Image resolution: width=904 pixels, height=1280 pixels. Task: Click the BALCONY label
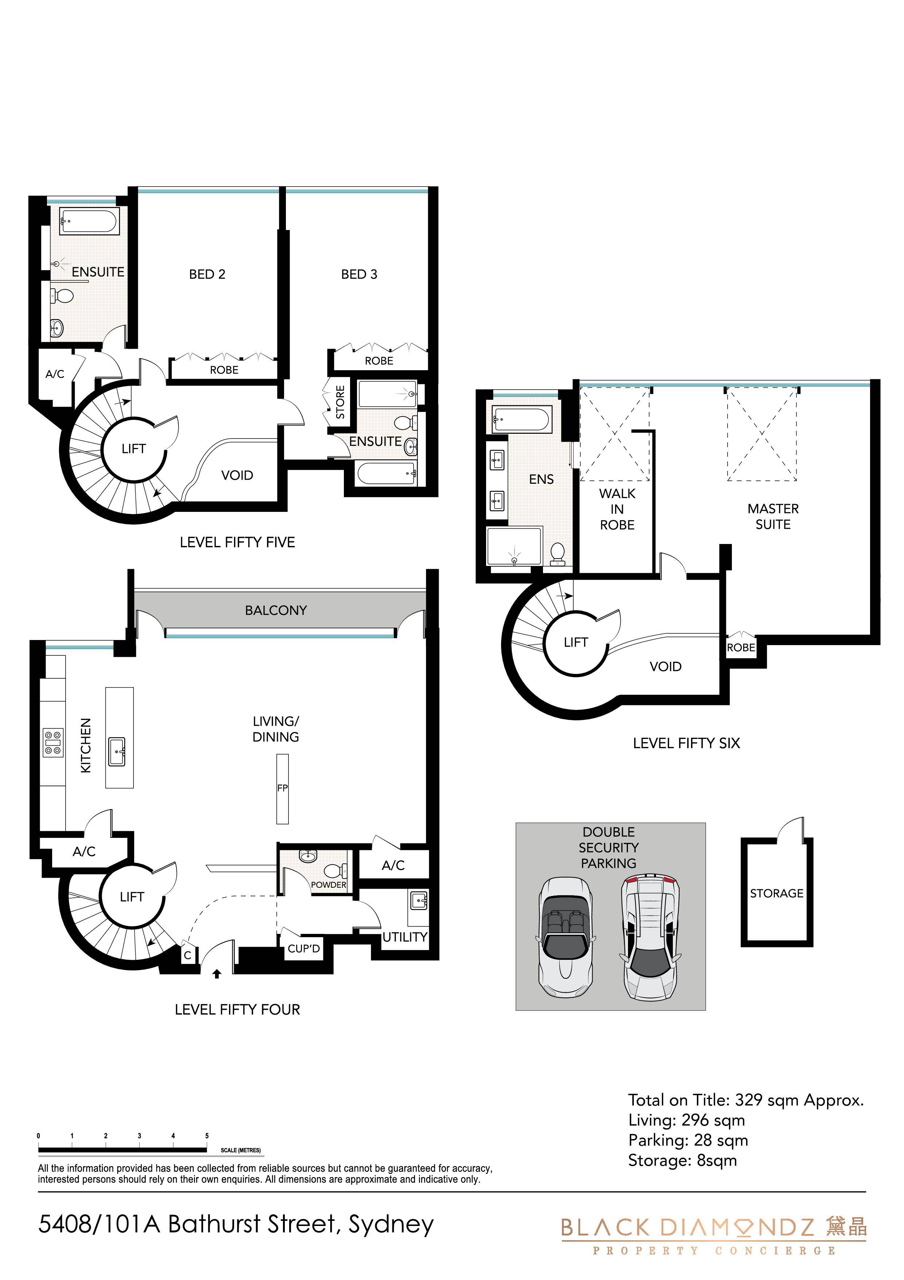pyautogui.click(x=276, y=610)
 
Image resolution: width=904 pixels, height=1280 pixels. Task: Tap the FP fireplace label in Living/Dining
pyautogui.click(x=282, y=788)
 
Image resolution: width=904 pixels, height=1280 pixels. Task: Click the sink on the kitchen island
pyautogui.click(x=117, y=751)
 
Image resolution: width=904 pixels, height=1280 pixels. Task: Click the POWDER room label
pyautogui.click(x=329, y=885)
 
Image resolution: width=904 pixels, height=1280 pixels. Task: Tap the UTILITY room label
pyautogui.click(x=405, y=937)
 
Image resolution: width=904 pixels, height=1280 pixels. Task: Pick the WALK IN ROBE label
pyautogui.click(x=617, y=509)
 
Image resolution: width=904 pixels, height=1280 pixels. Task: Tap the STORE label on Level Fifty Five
pyautogui.click(x=340, y=402)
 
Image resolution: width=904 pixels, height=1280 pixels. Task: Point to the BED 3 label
pyautogui.click(x=359, y=274)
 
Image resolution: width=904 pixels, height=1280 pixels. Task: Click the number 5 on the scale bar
pyautogui.click(x=207, y=1136)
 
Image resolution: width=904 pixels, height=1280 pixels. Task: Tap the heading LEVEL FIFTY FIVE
pyautogui.click(x=237, y=543)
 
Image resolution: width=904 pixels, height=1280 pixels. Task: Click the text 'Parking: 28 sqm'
pyautogui.click(x=688, y=1141)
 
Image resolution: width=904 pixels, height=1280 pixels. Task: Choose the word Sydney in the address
pyautogui.click(x=391, y=1225)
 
